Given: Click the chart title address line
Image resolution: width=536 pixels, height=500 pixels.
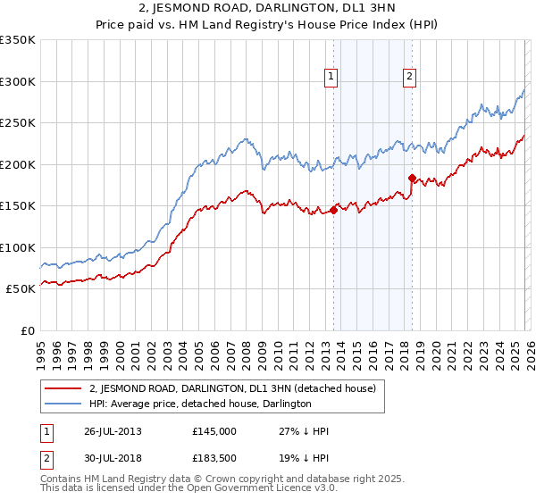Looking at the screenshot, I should (x=268, y=9).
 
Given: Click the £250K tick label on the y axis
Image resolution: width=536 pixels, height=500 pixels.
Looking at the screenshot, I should (x=17, y=122).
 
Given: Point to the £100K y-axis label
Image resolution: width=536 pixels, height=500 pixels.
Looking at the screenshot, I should (x=17, y=247).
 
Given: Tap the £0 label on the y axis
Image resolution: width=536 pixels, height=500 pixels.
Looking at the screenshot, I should (x=27, y=330).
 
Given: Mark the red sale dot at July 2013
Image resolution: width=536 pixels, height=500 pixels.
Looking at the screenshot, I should (x=333, y=210).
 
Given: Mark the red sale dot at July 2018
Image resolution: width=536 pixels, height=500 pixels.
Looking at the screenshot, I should (x=412, y=178).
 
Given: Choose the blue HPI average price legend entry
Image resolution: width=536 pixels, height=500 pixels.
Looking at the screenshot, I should (x=199, y=404).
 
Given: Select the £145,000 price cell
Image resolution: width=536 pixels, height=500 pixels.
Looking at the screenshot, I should (x=215, y=431).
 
